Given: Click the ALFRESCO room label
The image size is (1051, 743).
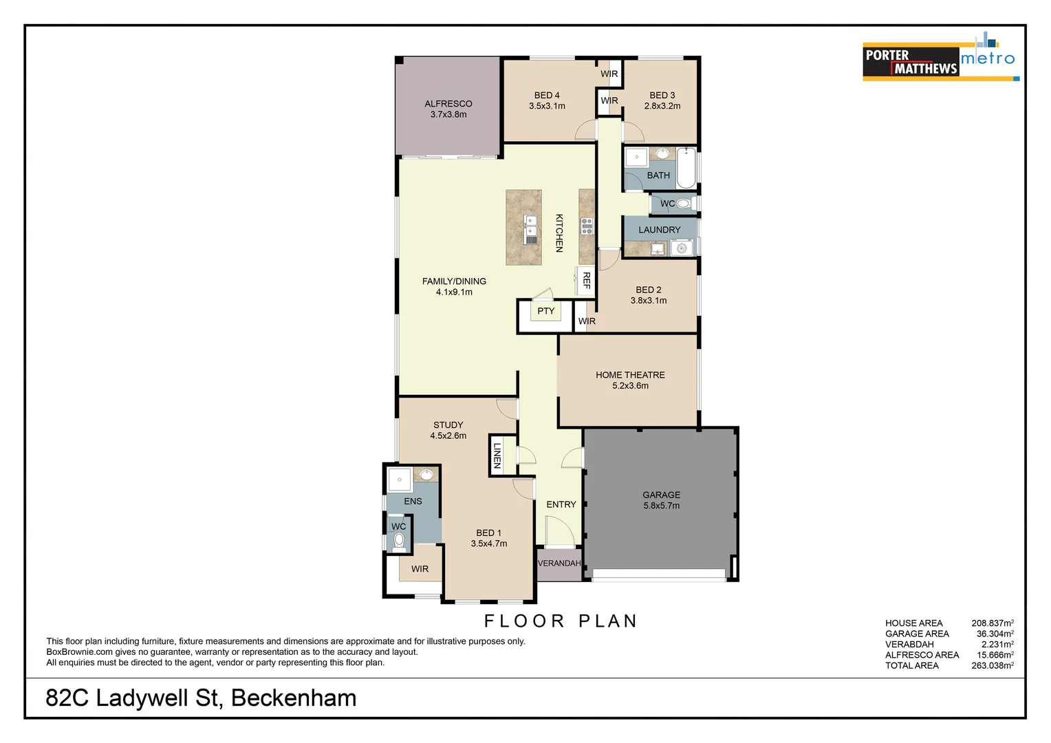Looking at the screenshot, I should click(448, 104).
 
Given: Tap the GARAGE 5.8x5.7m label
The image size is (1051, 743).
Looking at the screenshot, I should click(661, 500).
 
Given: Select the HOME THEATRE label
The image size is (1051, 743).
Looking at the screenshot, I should click(630, 375).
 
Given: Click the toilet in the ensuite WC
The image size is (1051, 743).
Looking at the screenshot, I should click(399, 541).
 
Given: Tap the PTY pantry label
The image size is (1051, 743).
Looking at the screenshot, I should click(545, 311).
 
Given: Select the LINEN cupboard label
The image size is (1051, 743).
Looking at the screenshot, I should click(497, 455).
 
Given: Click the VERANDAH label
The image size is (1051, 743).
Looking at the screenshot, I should click(559, 563).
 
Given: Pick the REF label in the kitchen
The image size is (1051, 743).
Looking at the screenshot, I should click(587, 280).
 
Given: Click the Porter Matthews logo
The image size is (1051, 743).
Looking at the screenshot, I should click(910, 62).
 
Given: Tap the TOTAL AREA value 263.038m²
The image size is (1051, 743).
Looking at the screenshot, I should click(992, 665).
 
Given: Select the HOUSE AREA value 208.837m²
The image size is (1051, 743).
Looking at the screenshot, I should click(992, 623).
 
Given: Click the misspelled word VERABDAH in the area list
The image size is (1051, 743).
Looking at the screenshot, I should click(909, 645).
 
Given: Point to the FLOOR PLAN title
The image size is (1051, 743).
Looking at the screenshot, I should click(561, 621).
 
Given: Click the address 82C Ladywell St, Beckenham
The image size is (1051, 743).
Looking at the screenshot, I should click(201, 698).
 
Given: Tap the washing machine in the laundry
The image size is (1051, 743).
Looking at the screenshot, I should click(682, 248).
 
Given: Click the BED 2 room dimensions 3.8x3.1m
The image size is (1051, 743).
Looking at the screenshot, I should click(648, 301).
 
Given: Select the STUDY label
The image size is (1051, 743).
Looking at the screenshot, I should click(448, 425).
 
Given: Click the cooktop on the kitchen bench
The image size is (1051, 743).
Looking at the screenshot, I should click(587, 226).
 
